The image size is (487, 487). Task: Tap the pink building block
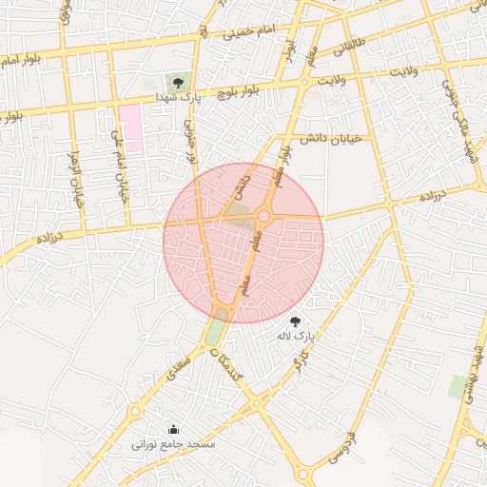(130, 128)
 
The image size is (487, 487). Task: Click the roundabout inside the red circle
(263, 217)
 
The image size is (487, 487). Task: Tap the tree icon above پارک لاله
(295, 321)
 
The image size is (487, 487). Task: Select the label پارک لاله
(295, 337)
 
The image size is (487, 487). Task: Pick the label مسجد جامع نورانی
(173, 444)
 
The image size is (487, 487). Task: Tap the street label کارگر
(297, 360)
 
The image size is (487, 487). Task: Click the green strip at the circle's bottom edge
(216, 329)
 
